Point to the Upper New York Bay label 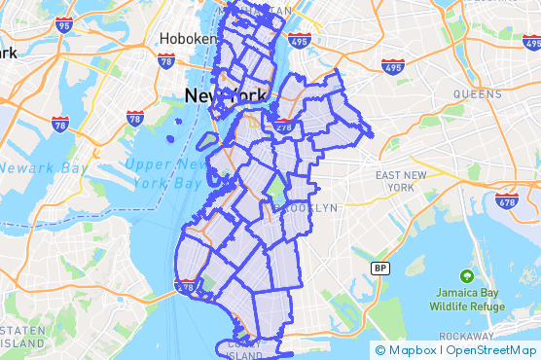pos(164,174)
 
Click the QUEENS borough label pos(478,94)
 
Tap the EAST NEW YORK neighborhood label pos(401,180)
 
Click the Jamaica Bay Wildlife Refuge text pos(468,300)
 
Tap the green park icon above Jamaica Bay pos(468,276)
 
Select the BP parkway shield pos(380,268)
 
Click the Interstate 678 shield pos(506,201)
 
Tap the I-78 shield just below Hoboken pos(165,60)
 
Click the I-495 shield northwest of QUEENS pos(393,66)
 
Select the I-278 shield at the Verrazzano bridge pos(186,285)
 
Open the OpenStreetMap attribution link pos(491,350)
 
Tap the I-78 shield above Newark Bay pos(60,125)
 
